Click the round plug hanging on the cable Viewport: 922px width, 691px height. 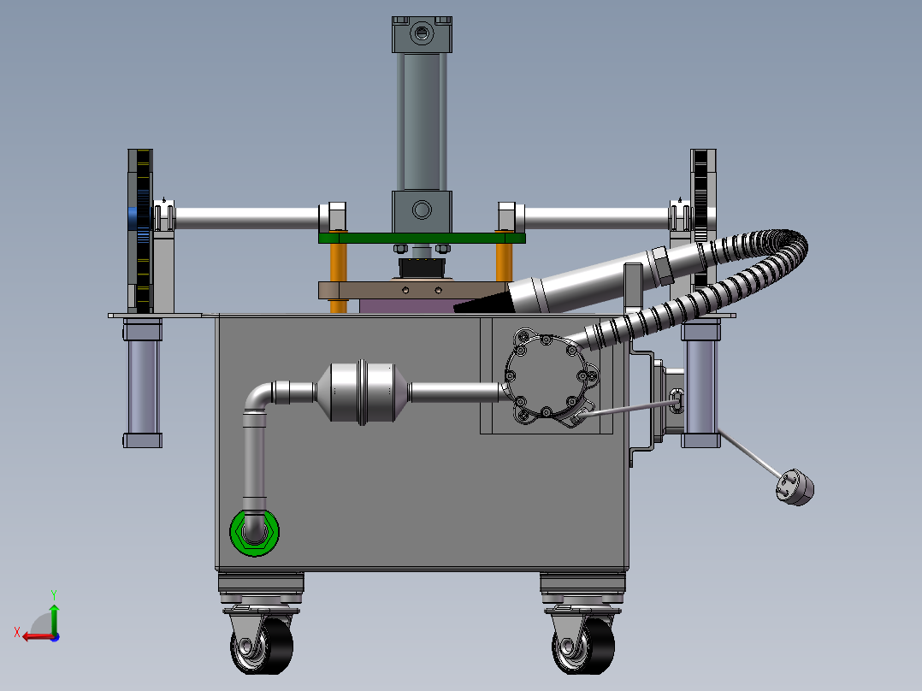pyautogui.click(x=795, y=487)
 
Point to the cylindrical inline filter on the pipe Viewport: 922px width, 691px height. pyautogui.click(x=363, y=393)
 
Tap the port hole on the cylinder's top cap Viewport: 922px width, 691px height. pyautogui.click(x=422, y=32)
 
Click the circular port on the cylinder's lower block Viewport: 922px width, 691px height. pyautogui.click(x=422, y=210)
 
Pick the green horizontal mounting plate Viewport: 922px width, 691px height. pyautogui.click(x=422, y=239)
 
